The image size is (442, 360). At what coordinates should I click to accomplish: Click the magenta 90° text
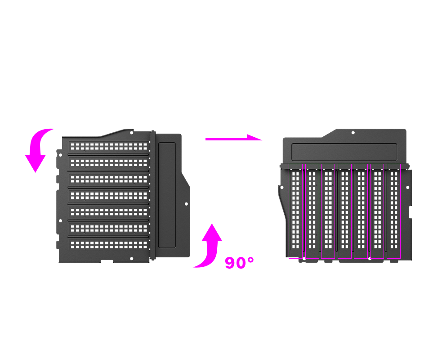tap(239, 263)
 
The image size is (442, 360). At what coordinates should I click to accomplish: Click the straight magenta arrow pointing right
tap(234, 139)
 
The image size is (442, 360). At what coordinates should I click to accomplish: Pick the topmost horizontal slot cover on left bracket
tap(109, 147)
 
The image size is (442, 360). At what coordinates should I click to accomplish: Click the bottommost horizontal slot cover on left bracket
tap(109, 244)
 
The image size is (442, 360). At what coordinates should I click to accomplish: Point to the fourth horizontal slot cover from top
tap(109, 195)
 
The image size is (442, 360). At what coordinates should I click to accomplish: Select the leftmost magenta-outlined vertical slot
tap(295, 211)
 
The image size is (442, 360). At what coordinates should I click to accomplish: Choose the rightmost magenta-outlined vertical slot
tap(393, 211)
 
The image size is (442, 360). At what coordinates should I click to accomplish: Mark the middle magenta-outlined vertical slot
tap(344, 211)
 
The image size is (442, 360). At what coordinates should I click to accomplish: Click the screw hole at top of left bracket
tap(131, 133)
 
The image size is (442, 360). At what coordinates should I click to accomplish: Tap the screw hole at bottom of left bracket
tap(131, 259)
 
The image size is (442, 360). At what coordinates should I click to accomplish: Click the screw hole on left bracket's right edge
tap(186, 204)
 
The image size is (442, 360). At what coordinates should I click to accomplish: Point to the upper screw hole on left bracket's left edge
tap(60, 155)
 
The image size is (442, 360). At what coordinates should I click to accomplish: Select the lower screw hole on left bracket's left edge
tap(60, 221)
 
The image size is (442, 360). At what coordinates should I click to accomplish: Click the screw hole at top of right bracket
tap(353, 133)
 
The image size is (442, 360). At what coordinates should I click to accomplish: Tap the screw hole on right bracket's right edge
tap(408, 188)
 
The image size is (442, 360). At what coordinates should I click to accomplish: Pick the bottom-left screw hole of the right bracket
tap(304, 258)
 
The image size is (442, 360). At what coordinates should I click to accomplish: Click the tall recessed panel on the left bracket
tap(167, 195)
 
